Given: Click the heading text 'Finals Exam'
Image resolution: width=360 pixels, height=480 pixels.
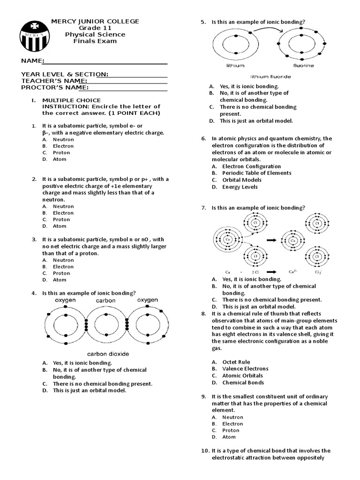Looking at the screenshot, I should (95, 41).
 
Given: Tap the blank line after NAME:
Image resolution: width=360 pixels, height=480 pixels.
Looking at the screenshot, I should (106, 61).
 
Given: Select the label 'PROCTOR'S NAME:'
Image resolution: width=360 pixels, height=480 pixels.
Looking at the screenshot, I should (54, 87).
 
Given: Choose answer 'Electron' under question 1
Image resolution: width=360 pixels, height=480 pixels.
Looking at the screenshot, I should (63, 146).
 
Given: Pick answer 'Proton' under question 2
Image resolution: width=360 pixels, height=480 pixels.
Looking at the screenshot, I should (61, 219).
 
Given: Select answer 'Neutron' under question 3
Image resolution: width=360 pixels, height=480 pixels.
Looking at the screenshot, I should (63, 260).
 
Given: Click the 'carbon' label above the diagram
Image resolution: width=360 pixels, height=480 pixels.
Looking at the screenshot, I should (106, 300).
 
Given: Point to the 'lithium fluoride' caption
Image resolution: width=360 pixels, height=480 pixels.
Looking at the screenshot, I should (270, 76).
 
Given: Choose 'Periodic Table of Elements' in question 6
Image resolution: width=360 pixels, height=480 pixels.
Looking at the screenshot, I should (256, 173).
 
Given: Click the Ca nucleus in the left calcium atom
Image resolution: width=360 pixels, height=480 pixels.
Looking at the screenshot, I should (228, 239).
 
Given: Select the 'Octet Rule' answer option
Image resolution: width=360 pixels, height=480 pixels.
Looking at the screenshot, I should (236, 362).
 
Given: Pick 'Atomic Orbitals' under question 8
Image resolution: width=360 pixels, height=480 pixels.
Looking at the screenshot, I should (242, 375).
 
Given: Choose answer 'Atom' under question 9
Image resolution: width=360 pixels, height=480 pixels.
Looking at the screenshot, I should (229, 437).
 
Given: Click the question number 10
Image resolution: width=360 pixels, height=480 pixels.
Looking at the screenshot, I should (204, 450).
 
